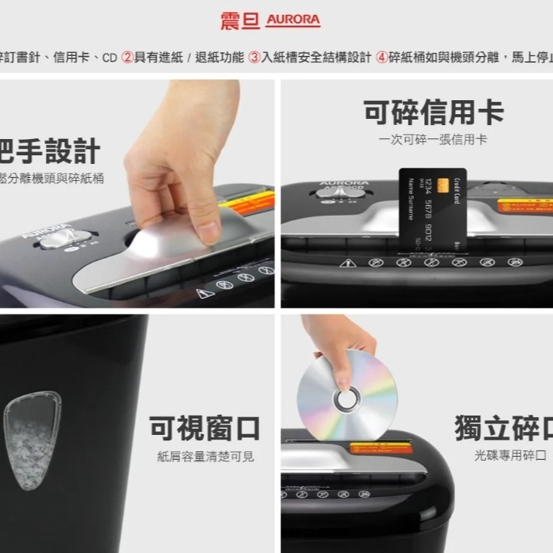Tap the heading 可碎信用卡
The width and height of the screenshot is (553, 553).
433,113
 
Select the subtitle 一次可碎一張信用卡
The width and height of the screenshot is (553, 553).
433,140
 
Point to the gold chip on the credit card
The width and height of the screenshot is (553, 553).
442,186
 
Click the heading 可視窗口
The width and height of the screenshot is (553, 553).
204,428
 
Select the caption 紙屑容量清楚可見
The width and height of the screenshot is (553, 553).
205,457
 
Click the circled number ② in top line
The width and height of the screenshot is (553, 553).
127,58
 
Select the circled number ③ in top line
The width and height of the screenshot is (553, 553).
254,58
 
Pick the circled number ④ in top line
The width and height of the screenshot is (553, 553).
382,58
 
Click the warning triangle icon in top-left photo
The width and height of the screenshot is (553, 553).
204,294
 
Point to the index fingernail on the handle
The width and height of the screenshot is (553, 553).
207,231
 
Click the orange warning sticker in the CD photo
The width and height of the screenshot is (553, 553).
380,448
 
